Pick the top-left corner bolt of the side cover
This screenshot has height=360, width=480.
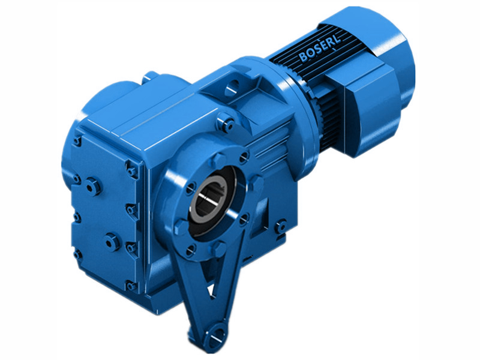point(77,142)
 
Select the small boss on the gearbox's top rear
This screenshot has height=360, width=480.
point(151,76)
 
